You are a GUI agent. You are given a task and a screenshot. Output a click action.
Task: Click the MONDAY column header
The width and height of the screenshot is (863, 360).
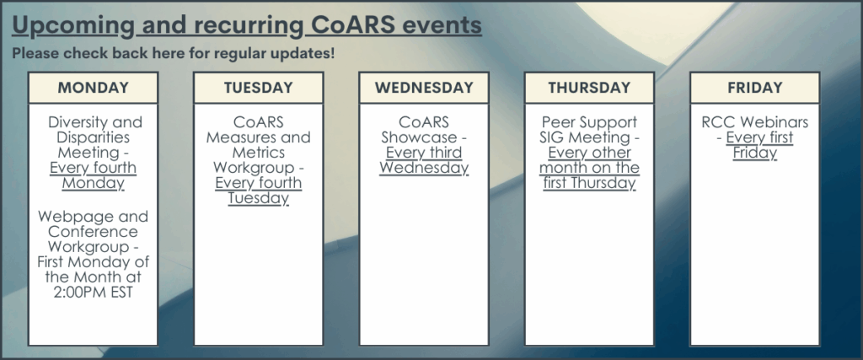tap(93, 88)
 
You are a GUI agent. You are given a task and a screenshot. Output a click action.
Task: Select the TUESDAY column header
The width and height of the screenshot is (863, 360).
tap(258, 88)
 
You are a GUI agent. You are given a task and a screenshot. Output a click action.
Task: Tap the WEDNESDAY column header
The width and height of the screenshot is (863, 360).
tap(424, 88)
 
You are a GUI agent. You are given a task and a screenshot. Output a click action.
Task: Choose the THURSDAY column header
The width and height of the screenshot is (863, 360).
tap(589, 88)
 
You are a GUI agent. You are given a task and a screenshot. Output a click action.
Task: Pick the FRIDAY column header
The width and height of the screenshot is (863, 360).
tap(754, 88)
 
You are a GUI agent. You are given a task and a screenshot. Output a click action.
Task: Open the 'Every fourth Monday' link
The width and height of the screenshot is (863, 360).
tap(93, 175)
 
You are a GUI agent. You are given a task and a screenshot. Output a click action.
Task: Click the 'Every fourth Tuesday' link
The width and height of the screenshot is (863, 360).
tap(258, 191)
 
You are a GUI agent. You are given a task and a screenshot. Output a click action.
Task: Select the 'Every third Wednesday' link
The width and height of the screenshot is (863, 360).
tap(424, 160)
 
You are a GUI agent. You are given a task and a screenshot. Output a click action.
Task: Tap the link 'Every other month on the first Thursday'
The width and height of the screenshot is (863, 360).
tap(589, 167)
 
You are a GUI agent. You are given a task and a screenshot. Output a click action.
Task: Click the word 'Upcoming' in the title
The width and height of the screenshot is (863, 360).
tap(72, 25)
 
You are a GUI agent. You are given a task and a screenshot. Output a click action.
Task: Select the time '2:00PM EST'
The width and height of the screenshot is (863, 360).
tap(93, 292)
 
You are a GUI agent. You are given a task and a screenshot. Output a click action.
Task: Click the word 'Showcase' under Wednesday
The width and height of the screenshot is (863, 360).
tap(419, 137)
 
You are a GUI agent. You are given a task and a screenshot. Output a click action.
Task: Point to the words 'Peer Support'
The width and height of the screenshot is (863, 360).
tap(589, 122)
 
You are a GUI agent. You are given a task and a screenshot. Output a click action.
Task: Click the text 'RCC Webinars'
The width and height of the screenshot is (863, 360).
tap(754, 122)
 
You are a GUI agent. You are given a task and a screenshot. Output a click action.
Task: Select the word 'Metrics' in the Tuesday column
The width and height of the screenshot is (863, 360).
tap(258, 153)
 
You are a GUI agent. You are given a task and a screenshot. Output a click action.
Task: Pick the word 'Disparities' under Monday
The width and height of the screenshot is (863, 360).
tap(93, 137)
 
